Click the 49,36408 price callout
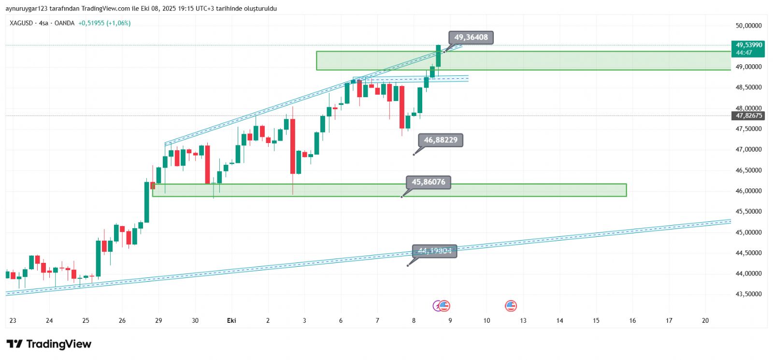point(471,37)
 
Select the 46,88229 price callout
point(440,140)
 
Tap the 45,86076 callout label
point(428,182)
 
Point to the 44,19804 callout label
point(434,251)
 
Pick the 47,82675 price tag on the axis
point(749,115)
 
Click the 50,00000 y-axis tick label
point(748,26)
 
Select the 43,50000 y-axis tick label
point(748,294)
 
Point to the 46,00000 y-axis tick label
point(748,191)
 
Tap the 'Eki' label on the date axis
point(231,320)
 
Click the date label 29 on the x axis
point(158,320)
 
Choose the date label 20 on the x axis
point(705,320)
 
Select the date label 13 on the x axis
point(523,320)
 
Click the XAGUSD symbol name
point(21,23)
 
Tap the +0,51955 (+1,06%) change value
point(104,23)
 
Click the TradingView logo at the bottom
point(49,344)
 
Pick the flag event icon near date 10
point(511,305)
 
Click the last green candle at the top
point(438,56)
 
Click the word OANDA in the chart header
point(64,23)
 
